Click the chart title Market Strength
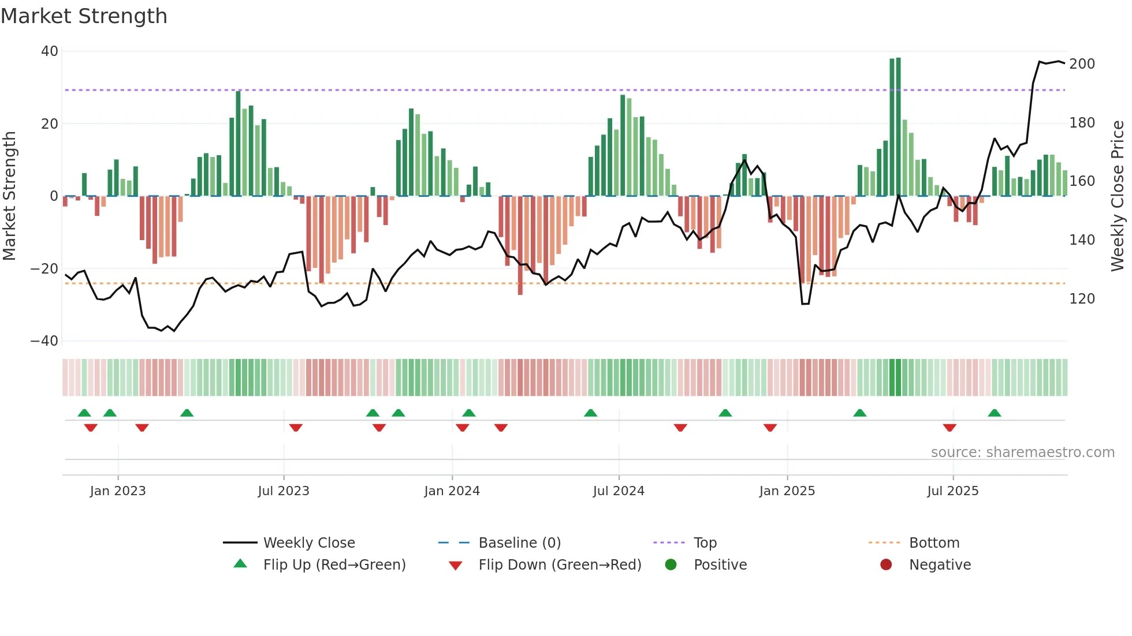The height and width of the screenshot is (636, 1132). pyautogui.click(x=84, y=16)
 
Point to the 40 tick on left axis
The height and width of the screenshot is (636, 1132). pyautogui.click(x=50, y=51)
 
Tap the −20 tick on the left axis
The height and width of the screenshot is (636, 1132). pyautogui.click(x=44, y=269)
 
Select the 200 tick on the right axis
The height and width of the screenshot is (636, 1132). pyautogui.click(x=1082, y=64)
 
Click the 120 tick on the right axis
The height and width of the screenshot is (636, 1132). pyautogui.click(x=1082, y=299)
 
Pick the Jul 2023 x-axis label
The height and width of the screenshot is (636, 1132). pyautogui.click(x=284, y=491)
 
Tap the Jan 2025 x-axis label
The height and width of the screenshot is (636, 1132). pyautogui.click(x=787, y=491)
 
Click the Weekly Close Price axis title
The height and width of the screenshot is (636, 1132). pyautogui.click(x=1118, y=196)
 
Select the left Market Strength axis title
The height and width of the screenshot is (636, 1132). pyautogui.click(x=9, y=196)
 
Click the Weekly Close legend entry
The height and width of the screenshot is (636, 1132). pyautogui.click(x=309, y=543)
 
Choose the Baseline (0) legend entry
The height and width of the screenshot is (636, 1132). pyautogui.click(x=519, y=543)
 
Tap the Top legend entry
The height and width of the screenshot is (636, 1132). pyautogui.click(x=705, y=543)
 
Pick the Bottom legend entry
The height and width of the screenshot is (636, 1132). pyautogui.click(x=934, y=543)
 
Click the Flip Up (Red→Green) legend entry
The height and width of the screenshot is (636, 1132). pyautogui.click(x=334, y=565)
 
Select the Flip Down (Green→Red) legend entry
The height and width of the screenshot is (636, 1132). pyautogui.click(x=560, y=565)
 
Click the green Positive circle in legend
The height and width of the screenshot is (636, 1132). pyautogui.click(x=671, y=564)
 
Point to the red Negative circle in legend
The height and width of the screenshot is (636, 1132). pyautogui.click(x=886, y=564)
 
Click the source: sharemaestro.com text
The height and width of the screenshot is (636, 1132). pyautogui.click(x=1022, y=452)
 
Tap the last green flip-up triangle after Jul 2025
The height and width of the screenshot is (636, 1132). pyautogui.click(x=994, y=413)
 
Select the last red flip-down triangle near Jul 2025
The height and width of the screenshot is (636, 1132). pyautogui.click(x=949, y=428)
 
